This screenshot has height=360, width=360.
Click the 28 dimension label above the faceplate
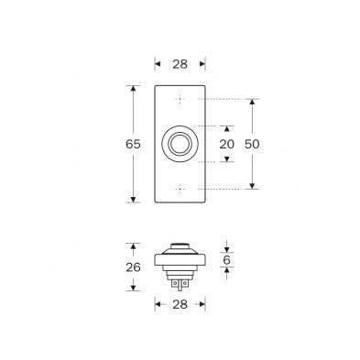[x=180, y=63]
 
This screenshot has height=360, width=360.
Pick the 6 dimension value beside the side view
[x=227, y=261]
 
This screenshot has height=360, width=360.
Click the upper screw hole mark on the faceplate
[x=180, y=99]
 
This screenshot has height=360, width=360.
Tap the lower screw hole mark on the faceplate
[x=180, y=189]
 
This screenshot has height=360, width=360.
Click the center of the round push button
[x=180, y=144]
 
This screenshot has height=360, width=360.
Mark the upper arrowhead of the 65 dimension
[x=135, y=89]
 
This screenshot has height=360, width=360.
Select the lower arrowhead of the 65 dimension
[x=135, y=199]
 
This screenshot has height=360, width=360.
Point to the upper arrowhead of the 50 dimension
[x=253, y=102]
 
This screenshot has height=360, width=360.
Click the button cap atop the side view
[x=180, y=246]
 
